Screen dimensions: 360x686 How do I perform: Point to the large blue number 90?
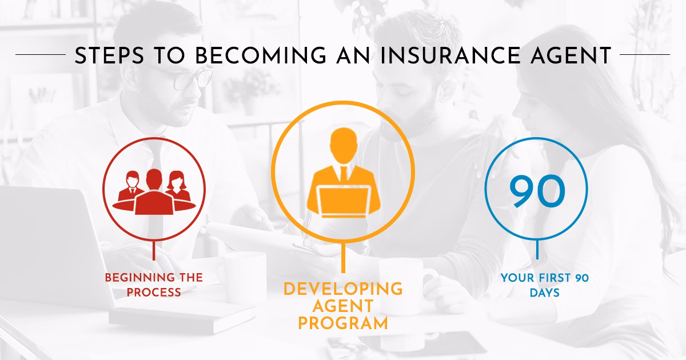537,193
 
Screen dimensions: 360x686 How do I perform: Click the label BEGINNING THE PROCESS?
154,285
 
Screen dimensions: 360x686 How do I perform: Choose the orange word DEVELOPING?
343,289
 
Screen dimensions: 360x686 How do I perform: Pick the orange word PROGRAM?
343,323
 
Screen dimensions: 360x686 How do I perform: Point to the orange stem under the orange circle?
342,258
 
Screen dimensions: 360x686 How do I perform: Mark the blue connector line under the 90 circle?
537,250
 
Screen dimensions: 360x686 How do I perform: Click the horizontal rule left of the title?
40,55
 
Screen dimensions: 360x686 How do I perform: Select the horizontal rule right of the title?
644,55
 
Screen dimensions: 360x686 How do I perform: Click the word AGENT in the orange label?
343,306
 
